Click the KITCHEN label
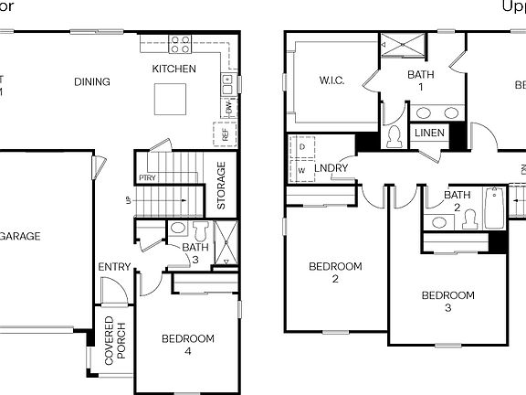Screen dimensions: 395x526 [x=174, y=69]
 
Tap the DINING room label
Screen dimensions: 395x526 [x=91, y=82]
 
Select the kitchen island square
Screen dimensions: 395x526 [x=172, y=98]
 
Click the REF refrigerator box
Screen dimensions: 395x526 [x=225, y=133]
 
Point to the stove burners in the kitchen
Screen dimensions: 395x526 [x=180, y=43]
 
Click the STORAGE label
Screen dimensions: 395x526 [x=220, y=186]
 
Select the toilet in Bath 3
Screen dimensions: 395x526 [x=201, y=229]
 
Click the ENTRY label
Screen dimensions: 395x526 [x=115, y=267]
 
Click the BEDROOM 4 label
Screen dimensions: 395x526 [x=188, y=345]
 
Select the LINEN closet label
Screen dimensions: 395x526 [x=429, y=133]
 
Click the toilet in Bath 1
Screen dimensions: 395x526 [x=394, y=137]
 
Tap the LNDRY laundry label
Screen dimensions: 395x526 [x=331, y=169]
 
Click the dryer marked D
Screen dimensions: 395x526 [x=301, y=146]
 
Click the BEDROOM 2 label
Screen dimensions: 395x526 [x=335, y=272]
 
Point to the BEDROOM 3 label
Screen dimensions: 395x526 [x=447, y=301]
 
